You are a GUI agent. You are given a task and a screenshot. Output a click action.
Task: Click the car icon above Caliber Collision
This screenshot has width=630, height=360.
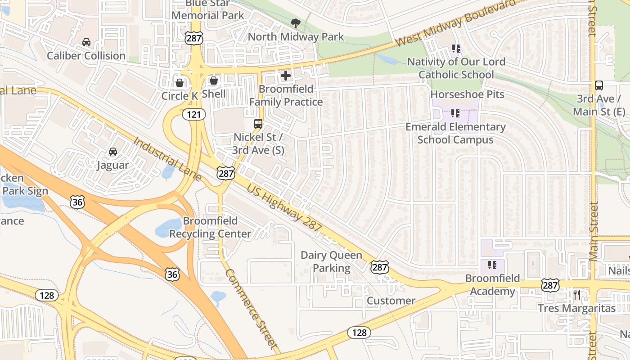point(86,42)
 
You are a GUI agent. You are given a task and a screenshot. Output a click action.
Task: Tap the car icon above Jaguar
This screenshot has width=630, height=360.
point(113,152)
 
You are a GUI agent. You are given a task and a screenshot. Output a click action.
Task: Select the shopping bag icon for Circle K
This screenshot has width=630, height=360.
point(180,83)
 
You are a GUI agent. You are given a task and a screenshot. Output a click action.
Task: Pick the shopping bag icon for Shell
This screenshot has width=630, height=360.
point(214,81)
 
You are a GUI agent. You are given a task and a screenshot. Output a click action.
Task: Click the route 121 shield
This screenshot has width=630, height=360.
point(194,115)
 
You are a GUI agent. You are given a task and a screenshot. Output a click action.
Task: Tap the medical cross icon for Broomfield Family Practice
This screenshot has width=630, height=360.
point(286,76)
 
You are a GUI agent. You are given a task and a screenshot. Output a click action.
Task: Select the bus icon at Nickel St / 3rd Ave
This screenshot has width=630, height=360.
point(258,124)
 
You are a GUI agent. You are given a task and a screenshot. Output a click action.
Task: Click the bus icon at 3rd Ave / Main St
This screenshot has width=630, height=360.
point(599,85)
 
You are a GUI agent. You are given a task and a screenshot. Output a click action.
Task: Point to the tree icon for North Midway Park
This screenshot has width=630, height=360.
point(296,23)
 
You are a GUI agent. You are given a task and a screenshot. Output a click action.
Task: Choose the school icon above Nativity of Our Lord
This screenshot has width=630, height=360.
point(456,48)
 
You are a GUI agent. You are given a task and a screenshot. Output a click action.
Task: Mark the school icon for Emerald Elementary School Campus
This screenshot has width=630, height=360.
point(455,113)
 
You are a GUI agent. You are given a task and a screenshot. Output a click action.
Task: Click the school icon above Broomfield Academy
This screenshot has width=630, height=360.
point(492,265)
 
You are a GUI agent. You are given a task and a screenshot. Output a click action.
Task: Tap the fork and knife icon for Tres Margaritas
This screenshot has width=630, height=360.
point(577,295)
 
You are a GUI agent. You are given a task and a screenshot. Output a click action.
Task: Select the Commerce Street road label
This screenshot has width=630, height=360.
point(251,309)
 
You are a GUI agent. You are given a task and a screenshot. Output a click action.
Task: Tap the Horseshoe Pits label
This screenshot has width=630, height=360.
point(468,94)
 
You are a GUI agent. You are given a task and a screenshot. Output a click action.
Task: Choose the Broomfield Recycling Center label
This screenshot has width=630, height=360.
point(210,227)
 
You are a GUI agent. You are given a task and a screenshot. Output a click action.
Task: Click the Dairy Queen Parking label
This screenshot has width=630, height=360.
point(331,261)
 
